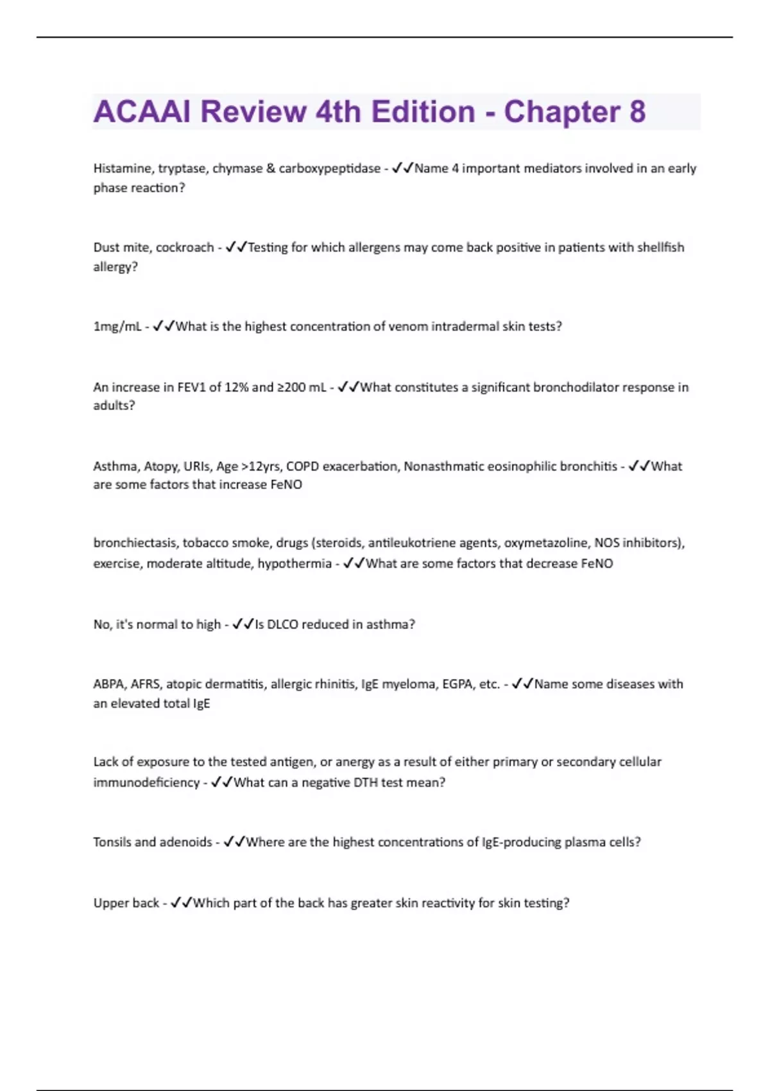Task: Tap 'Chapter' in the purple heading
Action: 561,112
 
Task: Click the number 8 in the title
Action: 637,112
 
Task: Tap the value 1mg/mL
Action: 117,327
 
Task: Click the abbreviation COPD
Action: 303,467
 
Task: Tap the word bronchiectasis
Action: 135,543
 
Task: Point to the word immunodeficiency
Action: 146,782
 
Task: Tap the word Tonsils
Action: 114,842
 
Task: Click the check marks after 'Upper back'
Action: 182,903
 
